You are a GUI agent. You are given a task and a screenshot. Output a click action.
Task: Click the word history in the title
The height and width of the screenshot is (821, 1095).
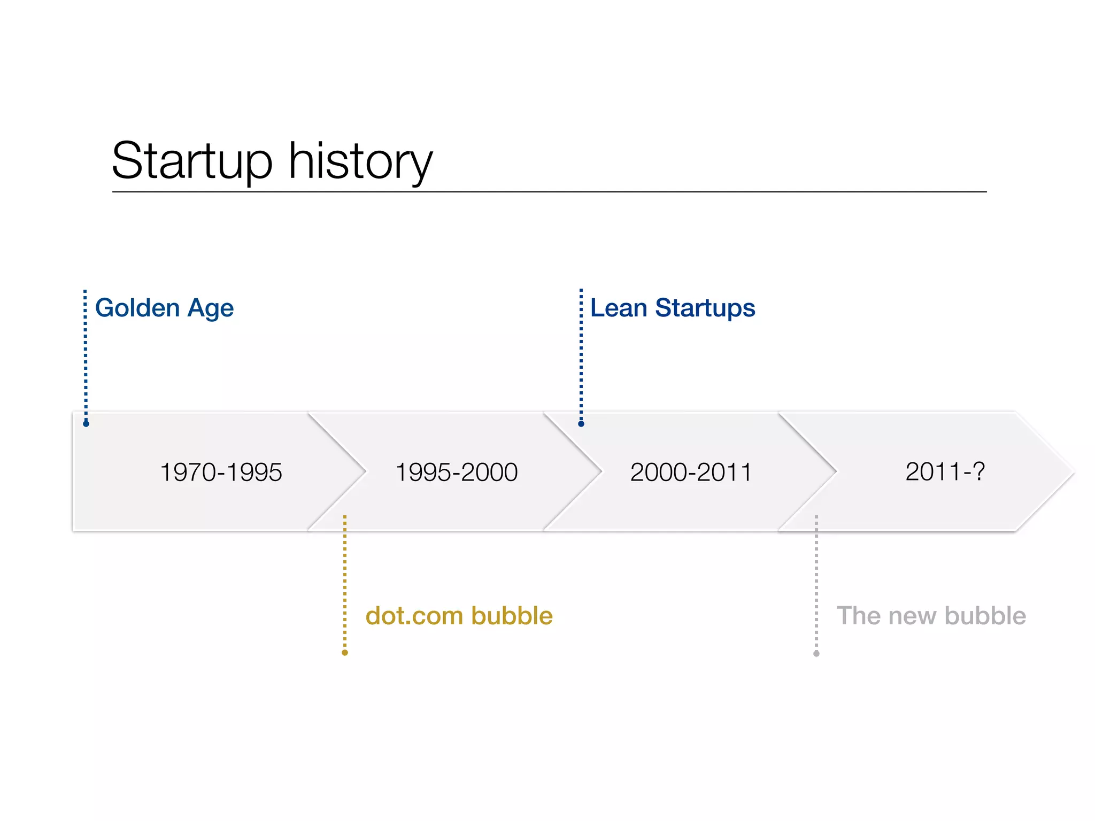pyautogui.click(x=360, y=161)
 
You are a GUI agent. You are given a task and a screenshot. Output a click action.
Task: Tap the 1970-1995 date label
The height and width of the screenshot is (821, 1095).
pyautogui.click(x=221, y=473)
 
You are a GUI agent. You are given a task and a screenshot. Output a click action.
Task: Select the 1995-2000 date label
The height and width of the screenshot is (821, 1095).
pyautogui.click(x=456, y=473)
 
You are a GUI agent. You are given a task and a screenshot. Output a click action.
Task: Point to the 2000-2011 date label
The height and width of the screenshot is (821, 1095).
pyautogui.click(x=691, y=473)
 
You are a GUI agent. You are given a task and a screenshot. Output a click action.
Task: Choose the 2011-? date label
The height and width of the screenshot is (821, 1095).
pyautogui.click(x=945, y=471)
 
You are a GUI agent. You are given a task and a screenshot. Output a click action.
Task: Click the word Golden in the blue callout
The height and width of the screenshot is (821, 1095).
pyautogui.click(x=137, y=308)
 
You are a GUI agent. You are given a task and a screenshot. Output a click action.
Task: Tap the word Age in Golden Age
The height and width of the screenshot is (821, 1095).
pyautogui.click(x=211, y=309)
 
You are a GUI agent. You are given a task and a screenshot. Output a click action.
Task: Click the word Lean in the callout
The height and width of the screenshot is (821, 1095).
pyautogui.click(x=619, y=308)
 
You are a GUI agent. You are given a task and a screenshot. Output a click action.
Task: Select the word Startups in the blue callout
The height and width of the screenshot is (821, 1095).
pyautogui.click(x=705, y=309)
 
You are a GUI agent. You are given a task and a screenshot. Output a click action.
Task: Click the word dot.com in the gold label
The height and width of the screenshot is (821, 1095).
pyautogui.click(x=414, y=616)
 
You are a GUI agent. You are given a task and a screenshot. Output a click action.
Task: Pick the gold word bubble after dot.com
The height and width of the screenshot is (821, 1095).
pyautogui.click(x=512, y=616)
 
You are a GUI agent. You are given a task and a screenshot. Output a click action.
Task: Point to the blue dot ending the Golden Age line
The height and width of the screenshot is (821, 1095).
pyautogui.click(x=86, y=424)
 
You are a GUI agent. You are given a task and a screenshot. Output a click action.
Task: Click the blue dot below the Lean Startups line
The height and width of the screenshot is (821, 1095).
pyautogui.click(x=581, y=424)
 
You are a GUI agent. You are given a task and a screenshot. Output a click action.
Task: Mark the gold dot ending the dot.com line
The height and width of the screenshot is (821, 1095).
pyautogui.click(x=345, y=653)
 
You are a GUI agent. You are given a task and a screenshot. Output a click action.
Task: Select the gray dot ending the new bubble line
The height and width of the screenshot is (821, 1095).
pyautogui.click(x=816, y=654)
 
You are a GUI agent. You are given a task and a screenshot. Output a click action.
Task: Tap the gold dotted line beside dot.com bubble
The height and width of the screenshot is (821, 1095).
pyautogui.click(x=345, y=583)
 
